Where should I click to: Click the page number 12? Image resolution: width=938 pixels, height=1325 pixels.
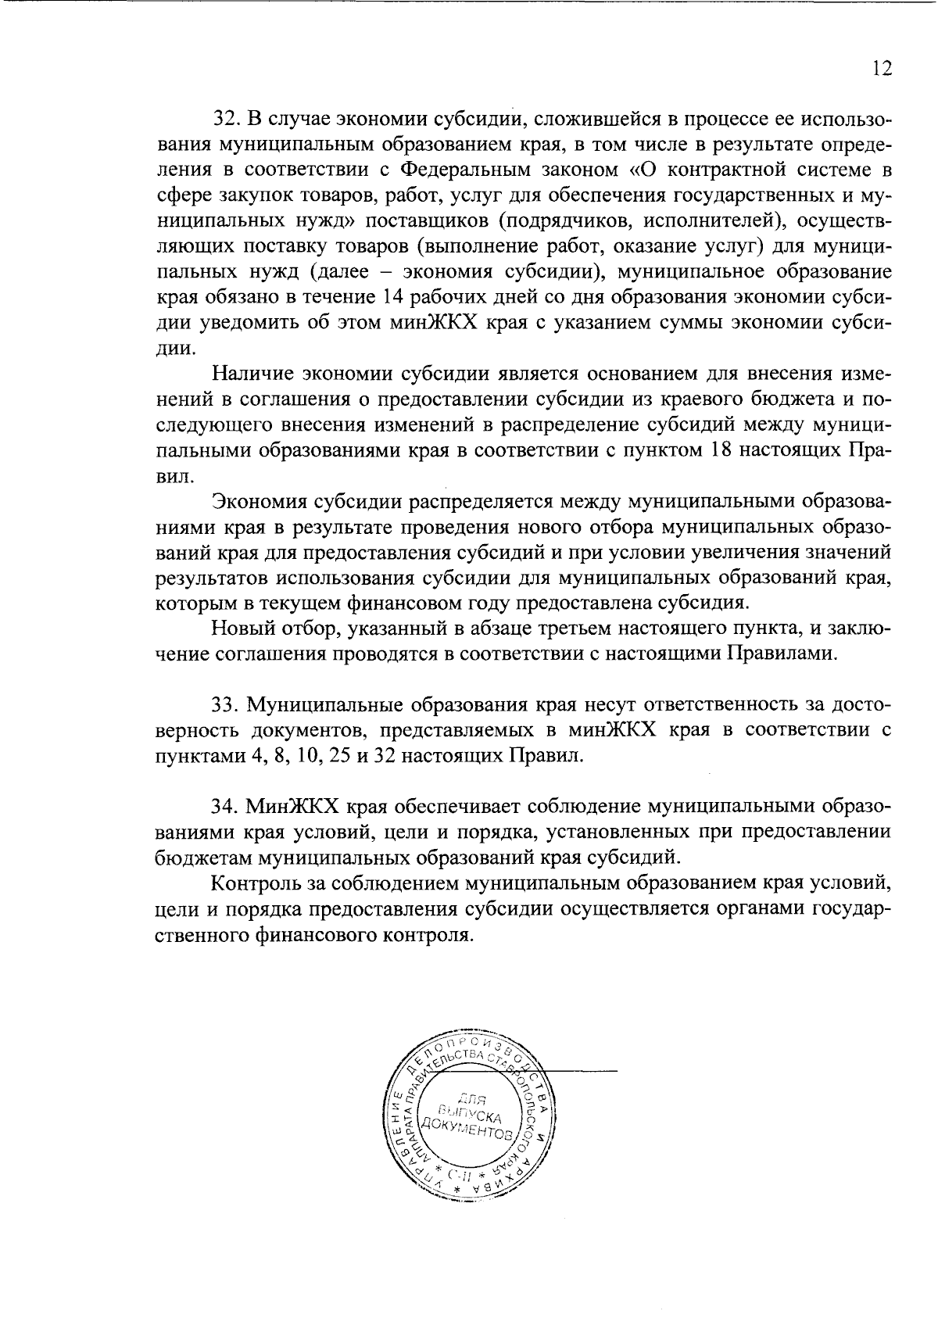(x=881, y=69)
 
